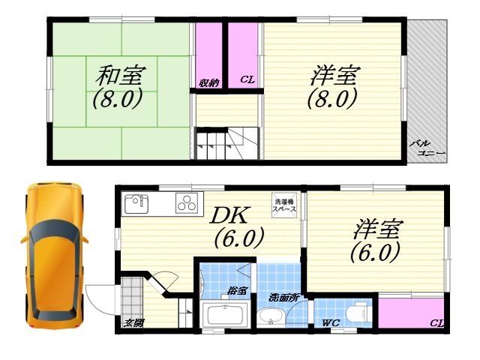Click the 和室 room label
(121, 75)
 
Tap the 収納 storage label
(209, 82)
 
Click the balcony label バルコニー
(427, 148)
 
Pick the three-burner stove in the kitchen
(186, 202)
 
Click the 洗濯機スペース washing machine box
(285, 204)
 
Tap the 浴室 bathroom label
(238, 290)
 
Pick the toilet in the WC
(359, 310)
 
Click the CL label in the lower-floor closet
(435, 323)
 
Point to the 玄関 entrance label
(134, 324)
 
